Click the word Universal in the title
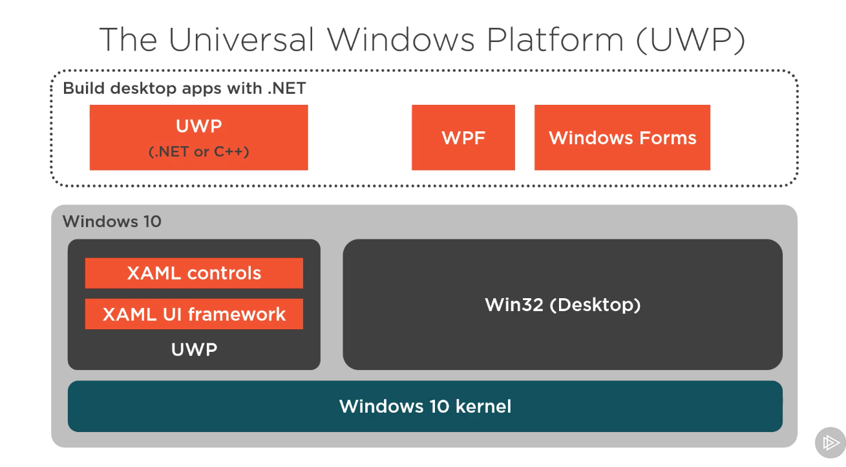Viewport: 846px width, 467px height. coord(240,39)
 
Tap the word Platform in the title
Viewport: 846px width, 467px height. coord(555,39)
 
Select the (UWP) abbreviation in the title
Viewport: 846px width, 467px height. coord(691,39)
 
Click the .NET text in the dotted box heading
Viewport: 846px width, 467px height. coord(287,89)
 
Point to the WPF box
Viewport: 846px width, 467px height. coord(463,138)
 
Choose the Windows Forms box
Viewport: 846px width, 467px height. coord(622,138)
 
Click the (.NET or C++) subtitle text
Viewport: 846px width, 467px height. coord(198,151)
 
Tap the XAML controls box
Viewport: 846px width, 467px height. coord(194,273)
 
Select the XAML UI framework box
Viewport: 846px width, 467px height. coord(194,314)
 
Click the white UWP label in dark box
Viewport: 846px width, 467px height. coord(194,349)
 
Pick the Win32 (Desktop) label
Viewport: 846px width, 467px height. coord(563,305)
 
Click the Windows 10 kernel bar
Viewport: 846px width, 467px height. coord(425,406)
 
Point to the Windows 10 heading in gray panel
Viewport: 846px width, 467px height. coord(112,221)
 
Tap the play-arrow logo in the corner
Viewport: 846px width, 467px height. coord(830,442)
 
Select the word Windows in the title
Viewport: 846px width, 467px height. coord(401,39)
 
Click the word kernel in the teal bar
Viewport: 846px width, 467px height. coord(483,406)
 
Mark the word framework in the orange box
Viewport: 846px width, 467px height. coord(237,314)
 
